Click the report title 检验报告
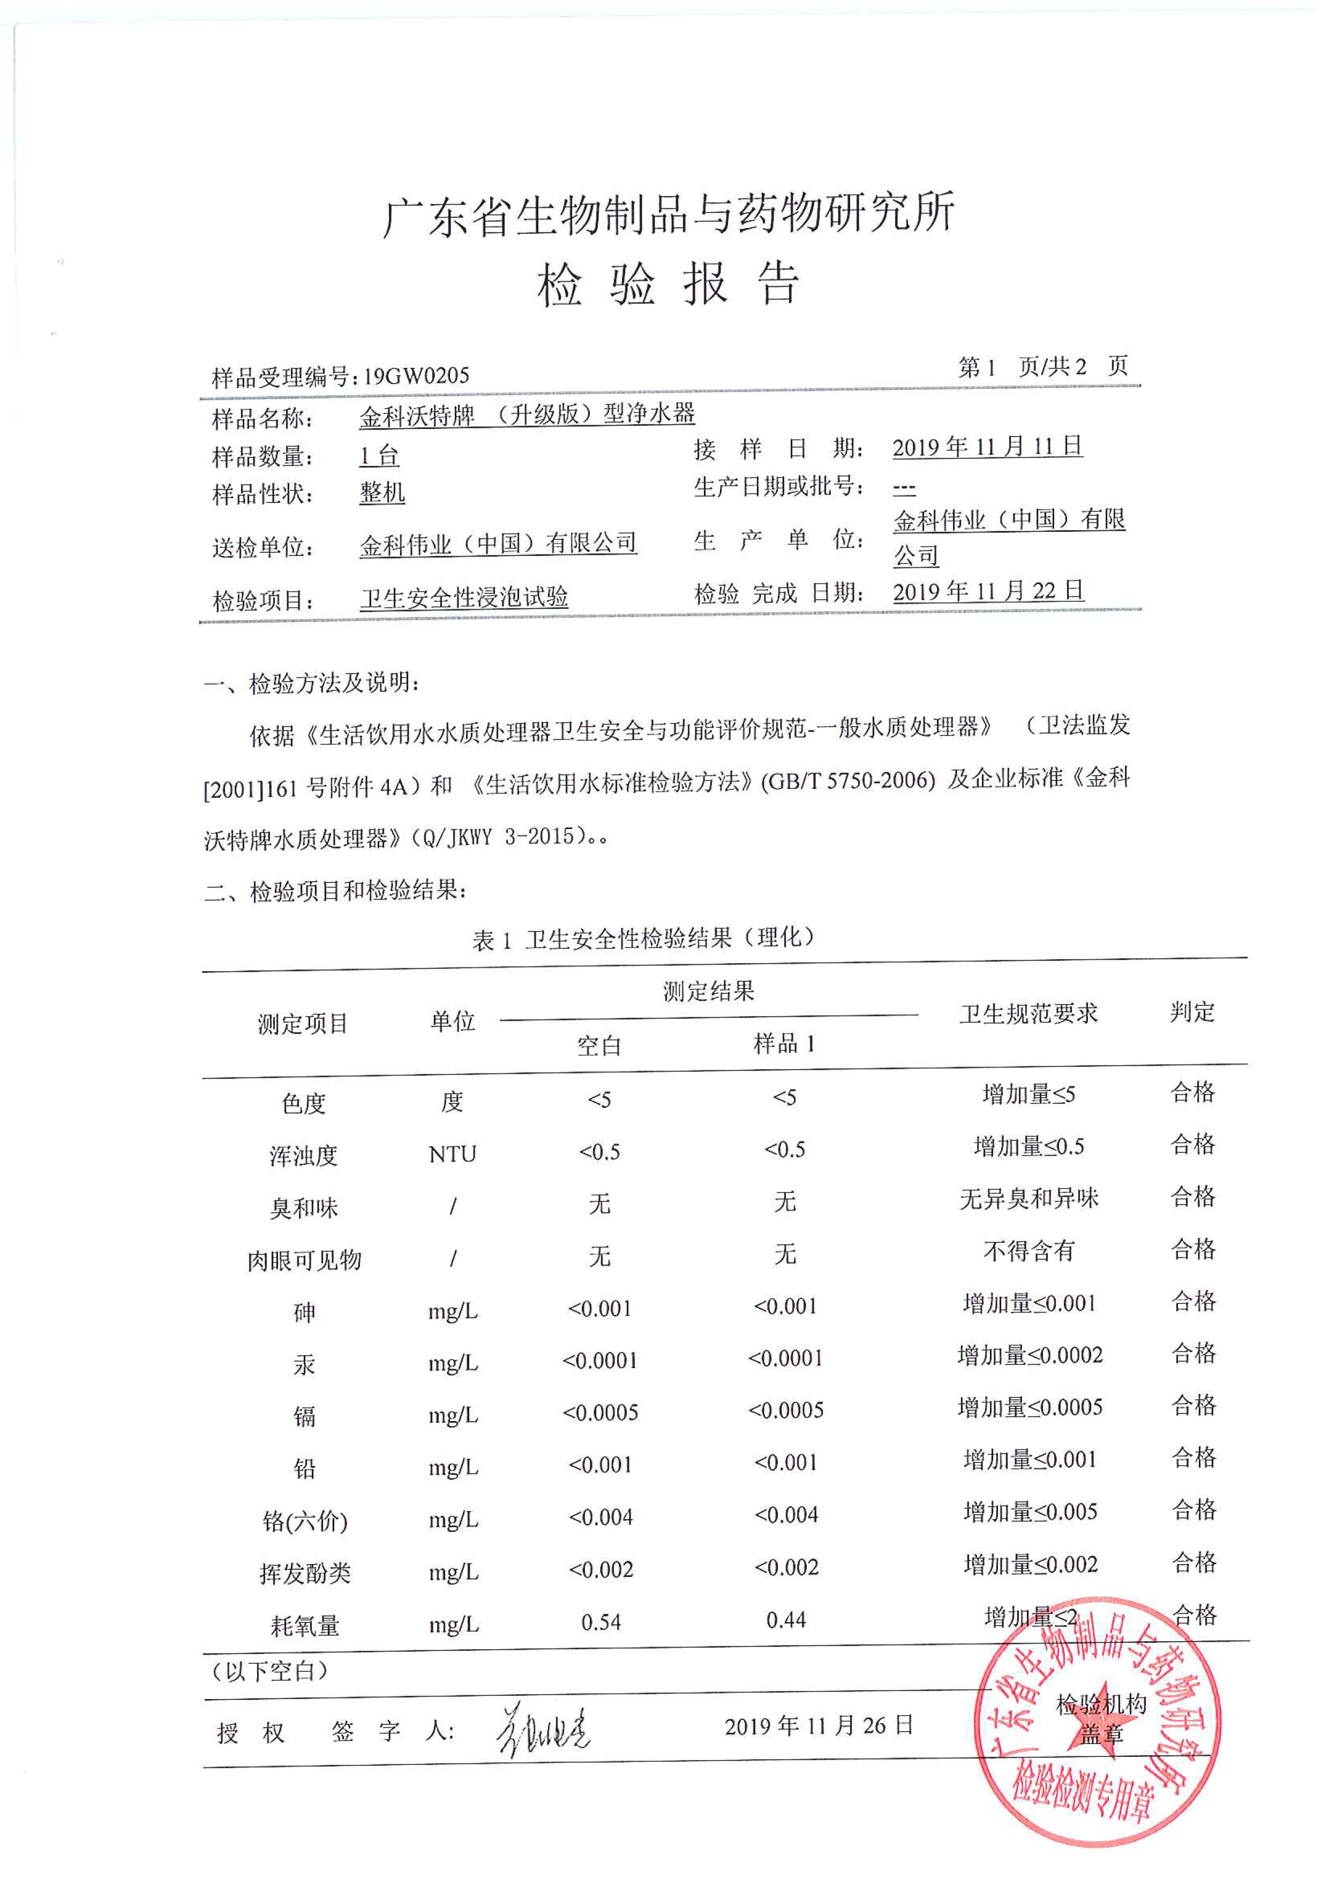pos(668,285)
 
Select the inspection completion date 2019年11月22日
pos(988,591)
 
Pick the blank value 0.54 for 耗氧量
pos(600,1621)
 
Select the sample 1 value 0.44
pos(786,1620)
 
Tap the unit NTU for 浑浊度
pos(453,1154)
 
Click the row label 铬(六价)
pos(304,1521)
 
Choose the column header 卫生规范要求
pos(1028,1014)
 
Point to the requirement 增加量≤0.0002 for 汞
pos(1030,1355)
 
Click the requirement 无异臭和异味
pos(1028,1199)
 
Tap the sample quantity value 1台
pos(379,455)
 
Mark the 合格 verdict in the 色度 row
pos(1192,1092)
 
